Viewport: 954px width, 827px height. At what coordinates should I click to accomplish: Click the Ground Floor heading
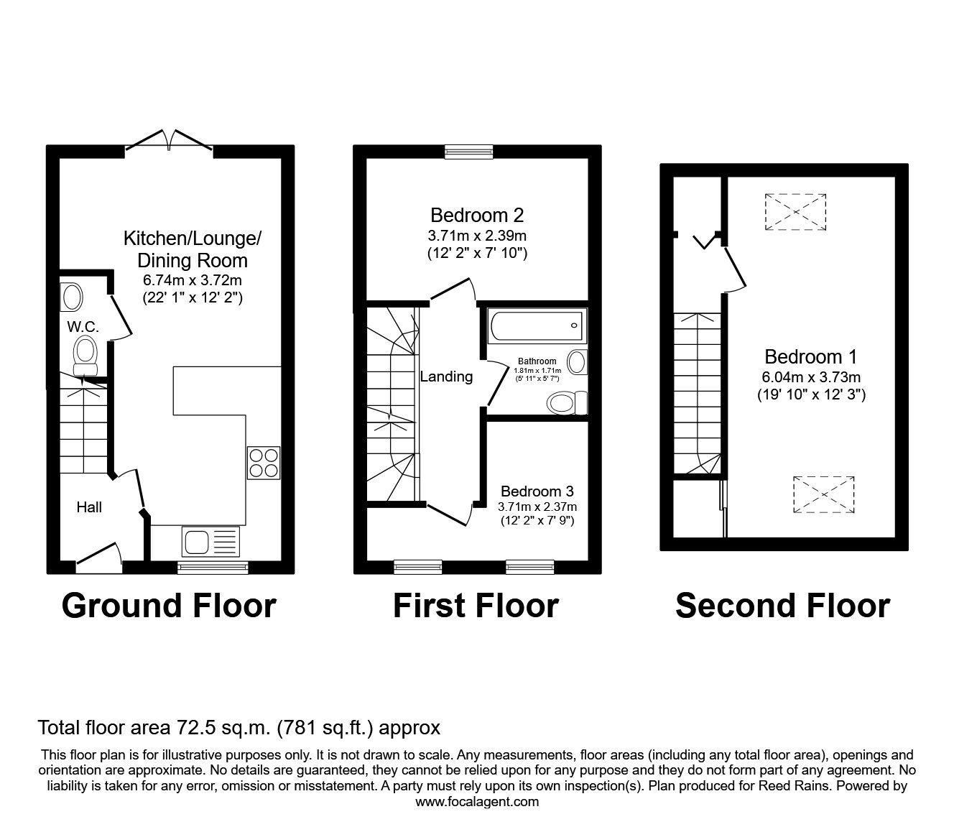click(169, 606)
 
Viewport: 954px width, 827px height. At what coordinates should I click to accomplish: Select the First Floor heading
click(476, 606)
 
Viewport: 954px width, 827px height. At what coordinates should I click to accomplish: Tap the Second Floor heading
click(782, 606)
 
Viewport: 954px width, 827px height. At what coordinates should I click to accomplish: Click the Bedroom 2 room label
click(477, 215)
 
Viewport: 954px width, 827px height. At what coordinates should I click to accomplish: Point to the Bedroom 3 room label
click(537, 491)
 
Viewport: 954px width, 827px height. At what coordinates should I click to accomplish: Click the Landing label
click(446, 376)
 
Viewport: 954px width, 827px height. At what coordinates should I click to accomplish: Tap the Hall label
click(89, 507)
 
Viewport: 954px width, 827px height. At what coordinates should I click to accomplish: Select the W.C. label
click(83, 328)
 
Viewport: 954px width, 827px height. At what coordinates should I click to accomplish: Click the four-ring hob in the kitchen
click(264, 463)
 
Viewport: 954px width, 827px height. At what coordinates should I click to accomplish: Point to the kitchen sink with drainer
click(210, 542)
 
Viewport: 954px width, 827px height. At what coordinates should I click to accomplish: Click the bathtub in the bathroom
click(537, 327)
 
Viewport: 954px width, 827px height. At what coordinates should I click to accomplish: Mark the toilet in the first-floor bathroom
click(566, 402)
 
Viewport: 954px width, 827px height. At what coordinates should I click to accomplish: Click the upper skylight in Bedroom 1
click(795, 211)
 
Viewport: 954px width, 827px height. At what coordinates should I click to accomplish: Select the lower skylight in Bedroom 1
click(824, 495)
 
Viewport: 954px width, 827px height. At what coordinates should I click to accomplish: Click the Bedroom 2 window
click(468, 151)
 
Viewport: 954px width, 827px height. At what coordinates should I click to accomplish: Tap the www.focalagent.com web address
click(477, 802)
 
